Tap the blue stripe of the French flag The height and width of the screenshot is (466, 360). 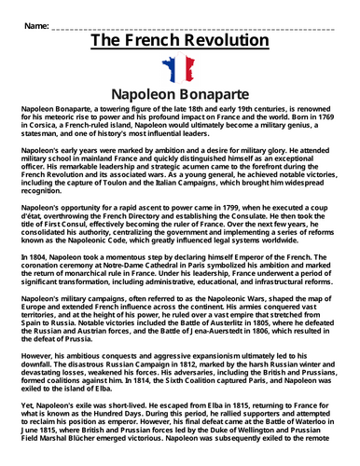coord(169,71)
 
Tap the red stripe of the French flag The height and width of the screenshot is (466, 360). coord(189,71)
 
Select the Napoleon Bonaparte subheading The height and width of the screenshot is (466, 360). coord(179,95)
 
